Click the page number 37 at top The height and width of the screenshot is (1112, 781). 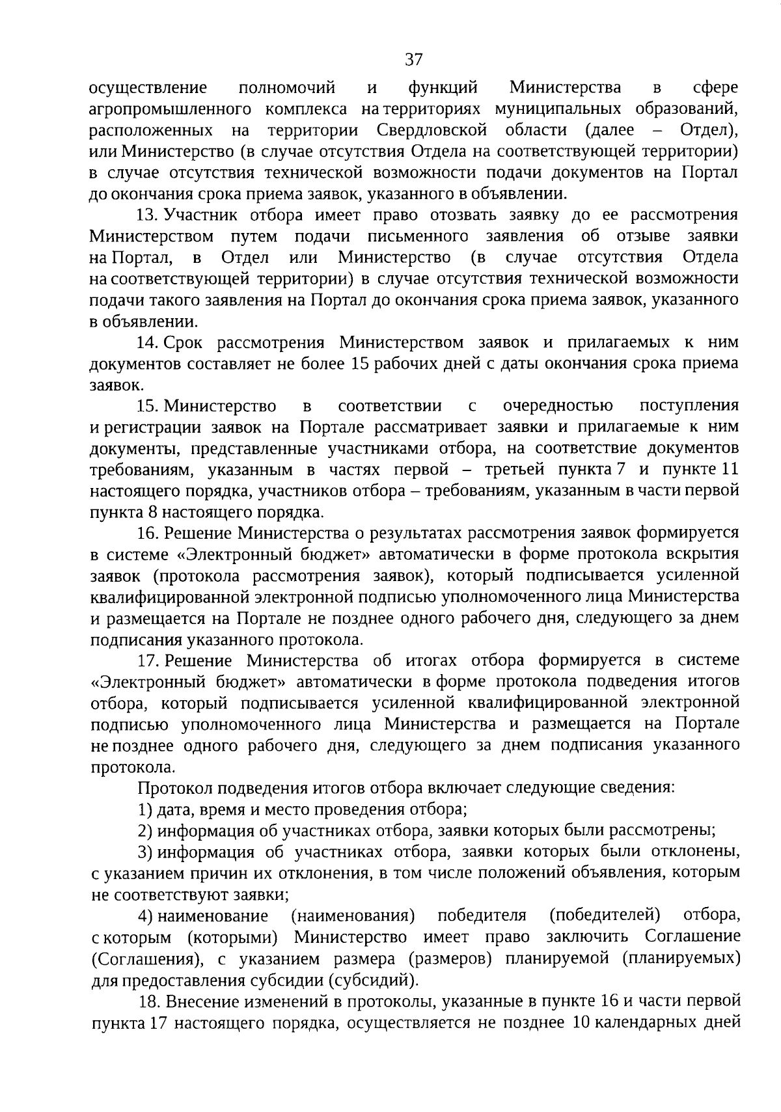coord(413,60)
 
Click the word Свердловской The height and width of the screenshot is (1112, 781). coord(432,130)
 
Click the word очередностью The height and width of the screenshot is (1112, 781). coord(558,406)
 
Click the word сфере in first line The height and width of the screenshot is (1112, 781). coord(715,88)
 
